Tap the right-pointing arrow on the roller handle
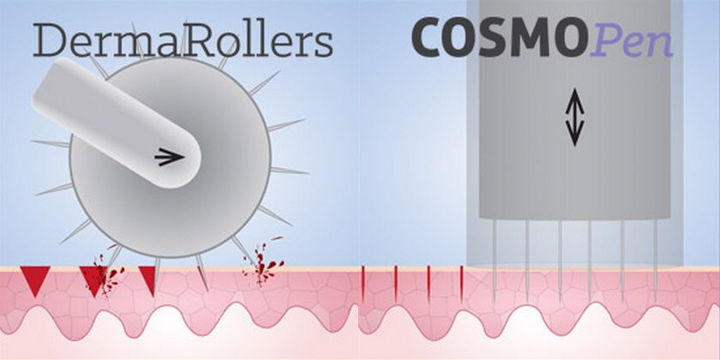[171, 157]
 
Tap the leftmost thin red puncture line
[363, 282]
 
